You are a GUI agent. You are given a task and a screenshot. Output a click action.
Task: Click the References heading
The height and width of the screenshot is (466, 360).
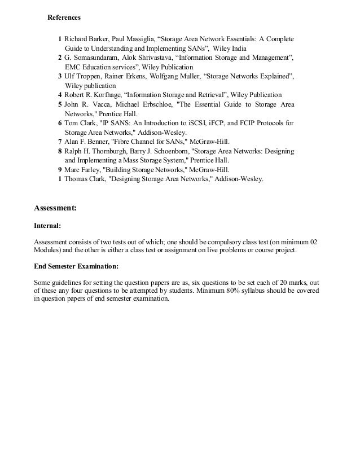click(64, 17)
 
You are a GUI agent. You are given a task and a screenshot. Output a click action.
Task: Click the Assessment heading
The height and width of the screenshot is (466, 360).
click(55, 208)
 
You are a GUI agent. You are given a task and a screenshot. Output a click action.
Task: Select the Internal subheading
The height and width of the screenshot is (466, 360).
click(47, 226)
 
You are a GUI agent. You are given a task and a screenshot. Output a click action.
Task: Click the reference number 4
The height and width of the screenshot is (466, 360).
click(60, 94)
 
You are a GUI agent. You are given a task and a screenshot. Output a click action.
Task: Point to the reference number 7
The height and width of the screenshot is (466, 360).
click(60, 142)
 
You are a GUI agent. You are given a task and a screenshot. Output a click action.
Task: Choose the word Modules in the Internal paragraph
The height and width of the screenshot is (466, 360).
click(47, 250)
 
